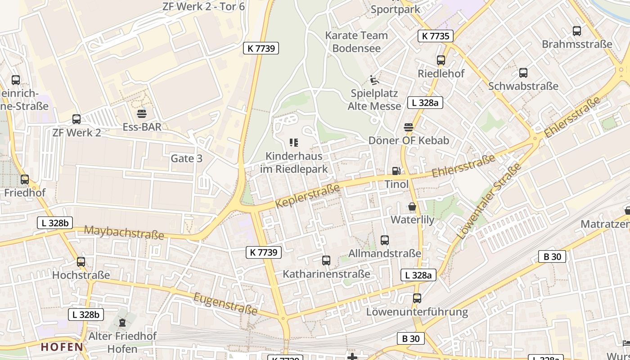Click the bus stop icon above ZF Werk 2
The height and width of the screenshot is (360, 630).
click(76, 119)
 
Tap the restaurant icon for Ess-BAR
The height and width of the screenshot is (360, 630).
click(142, 113)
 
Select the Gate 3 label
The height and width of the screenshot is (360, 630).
click(186, 158)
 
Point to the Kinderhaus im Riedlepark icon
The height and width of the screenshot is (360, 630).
click(294, 143)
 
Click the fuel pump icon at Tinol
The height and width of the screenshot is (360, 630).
click(396, 171)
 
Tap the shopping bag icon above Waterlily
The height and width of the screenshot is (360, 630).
click(412, 207)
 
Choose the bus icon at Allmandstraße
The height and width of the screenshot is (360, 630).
click(385, 240)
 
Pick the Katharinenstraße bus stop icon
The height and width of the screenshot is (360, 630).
click(326, 261)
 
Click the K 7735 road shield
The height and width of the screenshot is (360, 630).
click(436, 36)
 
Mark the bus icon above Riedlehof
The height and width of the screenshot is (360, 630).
click(441, 60)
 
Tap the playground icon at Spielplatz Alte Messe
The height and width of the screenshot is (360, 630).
click(374, 80)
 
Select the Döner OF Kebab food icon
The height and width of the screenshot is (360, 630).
click(409, 127)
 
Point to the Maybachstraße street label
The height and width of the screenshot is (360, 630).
click(124, 233)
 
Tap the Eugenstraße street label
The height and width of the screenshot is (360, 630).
click(225, 304)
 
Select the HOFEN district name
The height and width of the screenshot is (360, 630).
click(62, 347)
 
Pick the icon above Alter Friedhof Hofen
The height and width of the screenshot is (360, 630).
click(122, 323)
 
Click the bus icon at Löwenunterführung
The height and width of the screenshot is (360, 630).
click(417, 298)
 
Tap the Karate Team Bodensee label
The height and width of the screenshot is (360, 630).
click(356, 42)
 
